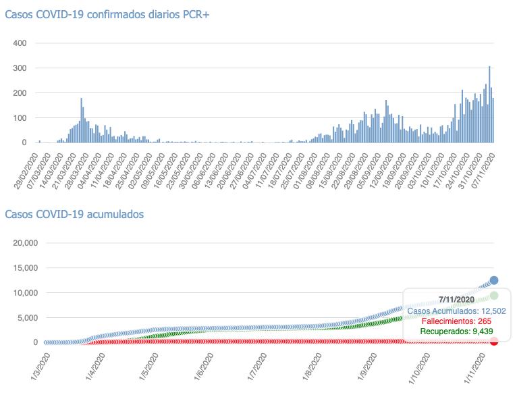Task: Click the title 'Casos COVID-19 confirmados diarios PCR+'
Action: (x=107, y=15)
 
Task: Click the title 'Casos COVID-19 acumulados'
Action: (x=74, y=214)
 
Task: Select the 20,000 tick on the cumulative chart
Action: (x=19, y=243)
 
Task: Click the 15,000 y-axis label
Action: (x=19, y=268)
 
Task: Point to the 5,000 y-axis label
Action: (x=22, y=318)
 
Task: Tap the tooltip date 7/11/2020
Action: (x=456, y=299)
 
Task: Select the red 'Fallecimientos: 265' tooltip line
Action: (x=456, y=321)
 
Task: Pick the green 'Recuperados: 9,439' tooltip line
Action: (x=456, y=331)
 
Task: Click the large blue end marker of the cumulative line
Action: (x=494, y=280)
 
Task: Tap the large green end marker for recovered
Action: (x=494, y=296)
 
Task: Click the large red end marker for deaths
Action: (x=494, y=341)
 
